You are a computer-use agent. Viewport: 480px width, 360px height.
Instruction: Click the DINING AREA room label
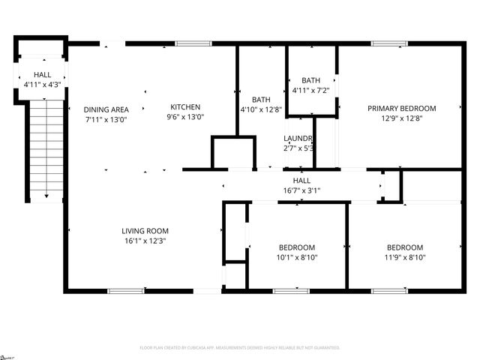click(105, 109)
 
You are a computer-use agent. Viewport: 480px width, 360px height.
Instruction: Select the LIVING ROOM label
click(145, 231)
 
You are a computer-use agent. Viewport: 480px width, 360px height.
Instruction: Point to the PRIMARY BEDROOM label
click(401, 109)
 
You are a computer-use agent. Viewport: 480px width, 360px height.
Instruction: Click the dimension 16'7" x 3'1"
click(301, 190)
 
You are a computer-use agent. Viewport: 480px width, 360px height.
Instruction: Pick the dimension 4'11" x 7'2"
click(310, 91)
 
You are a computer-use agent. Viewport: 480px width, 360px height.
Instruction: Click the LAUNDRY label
click(298, 139)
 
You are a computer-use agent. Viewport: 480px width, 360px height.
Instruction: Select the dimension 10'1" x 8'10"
click(297, 258)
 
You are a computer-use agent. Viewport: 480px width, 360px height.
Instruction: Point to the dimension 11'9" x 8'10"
click(405, 258)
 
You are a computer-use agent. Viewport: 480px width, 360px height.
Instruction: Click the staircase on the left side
click(46, 150)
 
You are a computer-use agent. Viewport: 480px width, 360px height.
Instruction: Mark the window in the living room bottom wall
click(125, 290)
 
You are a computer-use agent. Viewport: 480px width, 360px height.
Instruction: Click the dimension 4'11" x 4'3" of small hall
click(42, 85)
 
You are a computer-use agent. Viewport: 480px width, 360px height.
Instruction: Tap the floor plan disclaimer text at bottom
click(240, 348)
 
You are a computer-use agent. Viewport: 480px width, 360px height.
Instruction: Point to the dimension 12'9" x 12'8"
click(401, 118)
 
